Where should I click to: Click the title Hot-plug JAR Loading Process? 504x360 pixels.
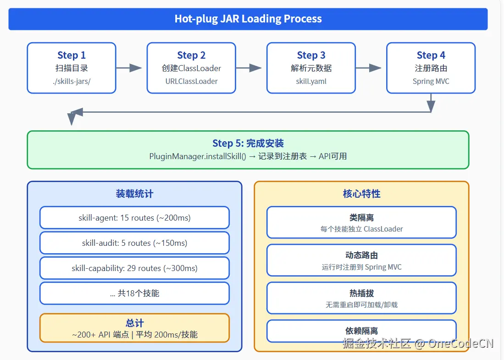(248, 19)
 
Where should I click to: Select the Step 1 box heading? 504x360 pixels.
(72, 55)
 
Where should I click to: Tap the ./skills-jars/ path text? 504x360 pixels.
(72, 81)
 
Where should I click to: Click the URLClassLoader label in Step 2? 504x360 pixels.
(191, 81)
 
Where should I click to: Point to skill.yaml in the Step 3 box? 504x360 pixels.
(311, 81)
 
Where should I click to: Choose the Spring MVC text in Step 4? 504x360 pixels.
(431, 81)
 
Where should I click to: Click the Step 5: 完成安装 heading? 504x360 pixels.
(248, 144)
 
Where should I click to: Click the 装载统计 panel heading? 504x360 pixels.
(134, 194)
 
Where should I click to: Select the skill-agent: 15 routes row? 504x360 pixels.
(134, 218)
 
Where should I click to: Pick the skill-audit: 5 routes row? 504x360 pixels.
(134, 243)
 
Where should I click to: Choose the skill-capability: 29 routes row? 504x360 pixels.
(134, 268)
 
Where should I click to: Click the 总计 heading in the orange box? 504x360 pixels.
(134, 323)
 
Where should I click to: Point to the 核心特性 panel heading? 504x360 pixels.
(361, 194)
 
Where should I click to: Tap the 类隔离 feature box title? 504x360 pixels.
(361, 218)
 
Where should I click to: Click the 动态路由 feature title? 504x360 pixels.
(361, 255)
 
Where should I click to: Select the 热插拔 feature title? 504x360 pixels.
(361, 294)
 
